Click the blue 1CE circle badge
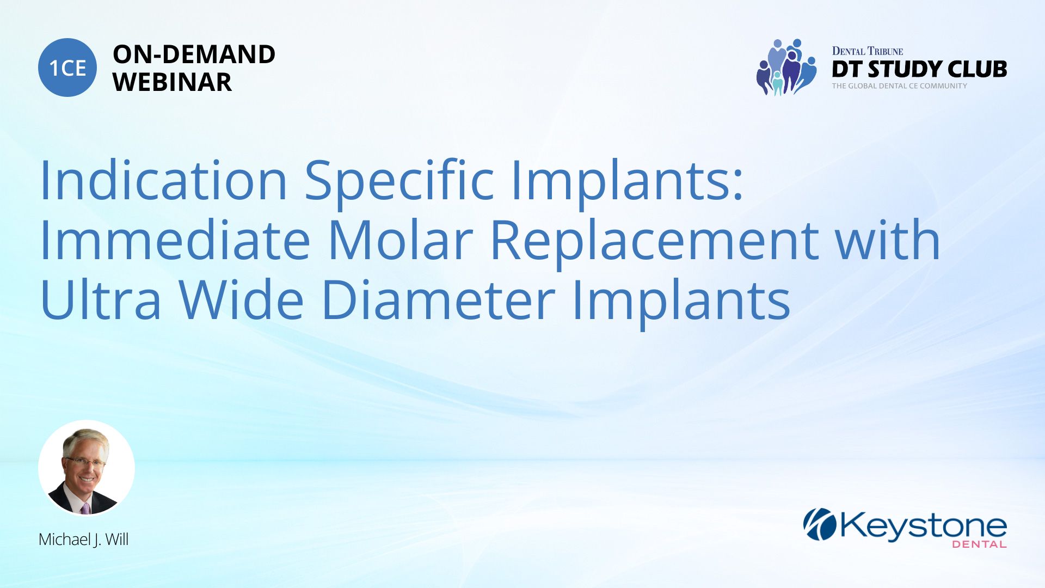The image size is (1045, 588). point(67,68)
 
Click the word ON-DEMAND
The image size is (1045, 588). point(194,54)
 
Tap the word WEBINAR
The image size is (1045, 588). point(172,82)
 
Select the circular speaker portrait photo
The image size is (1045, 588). point(86,468)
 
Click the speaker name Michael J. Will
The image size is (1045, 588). point(83,540)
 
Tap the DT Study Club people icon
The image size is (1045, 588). point(786,67)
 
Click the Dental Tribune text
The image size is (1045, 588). point(867,51)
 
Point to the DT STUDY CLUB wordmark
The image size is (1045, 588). point(919,69)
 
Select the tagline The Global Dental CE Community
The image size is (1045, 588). point(899,86)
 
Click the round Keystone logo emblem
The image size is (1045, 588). point(820,524)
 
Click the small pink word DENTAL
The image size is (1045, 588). point(979,544)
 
